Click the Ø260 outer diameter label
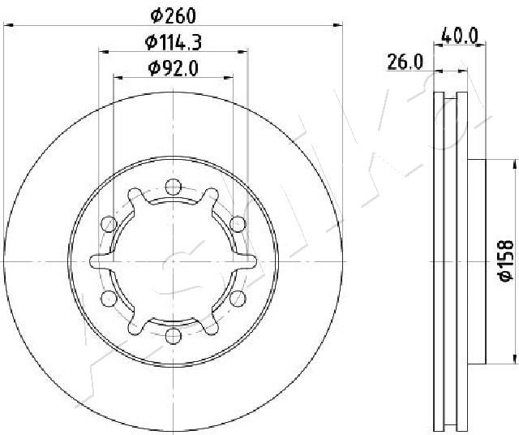pos(173,16)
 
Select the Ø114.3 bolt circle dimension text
pos(174,42)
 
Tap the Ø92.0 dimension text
pos(174,69)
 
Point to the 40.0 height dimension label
pos(460,36)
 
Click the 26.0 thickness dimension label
pos(405,62)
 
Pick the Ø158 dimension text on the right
pos(506,261)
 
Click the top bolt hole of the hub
pos(173,187)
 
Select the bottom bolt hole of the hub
pos(173,336)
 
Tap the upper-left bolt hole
pos(109,224)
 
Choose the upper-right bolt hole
pos(238,224)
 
